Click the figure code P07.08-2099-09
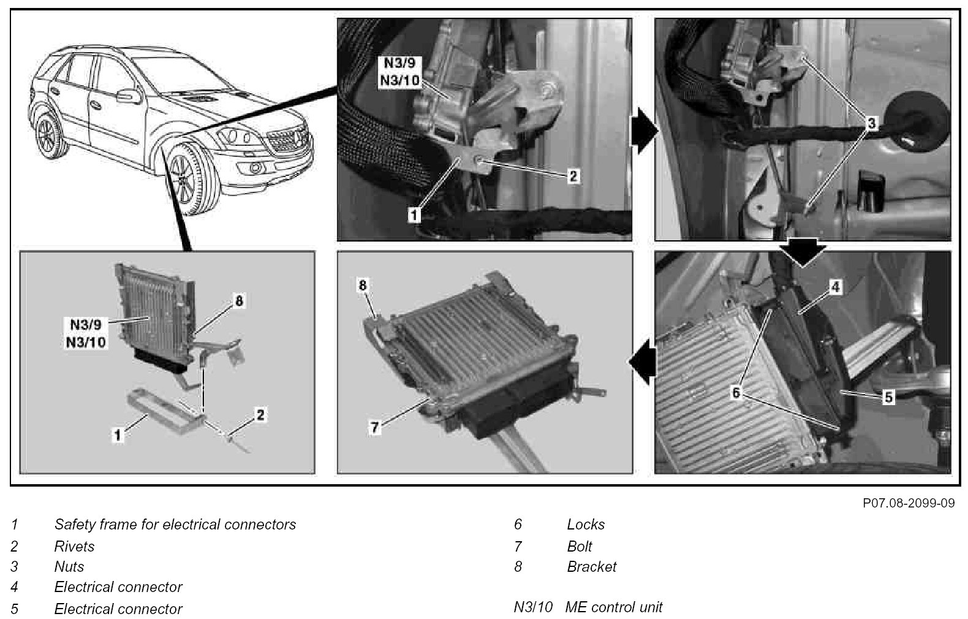909,503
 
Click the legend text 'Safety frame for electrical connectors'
175,525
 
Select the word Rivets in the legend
74,546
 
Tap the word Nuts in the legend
69,567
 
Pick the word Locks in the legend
586,525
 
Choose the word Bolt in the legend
580,546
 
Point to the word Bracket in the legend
592,567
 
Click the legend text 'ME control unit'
614,608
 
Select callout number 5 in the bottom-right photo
888,397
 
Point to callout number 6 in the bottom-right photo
736,393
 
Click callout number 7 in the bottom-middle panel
375,427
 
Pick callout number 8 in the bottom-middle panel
363,285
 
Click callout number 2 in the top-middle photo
572,177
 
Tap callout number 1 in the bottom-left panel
118,436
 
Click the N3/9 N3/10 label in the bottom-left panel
86,332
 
